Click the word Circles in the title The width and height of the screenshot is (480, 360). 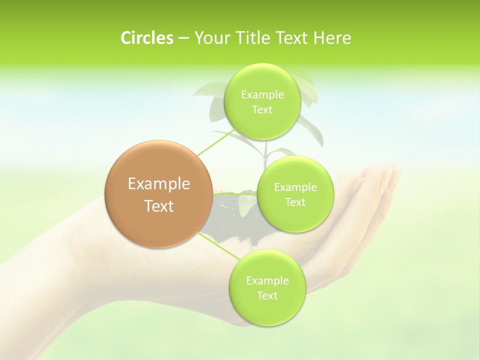click(x=146, y=38)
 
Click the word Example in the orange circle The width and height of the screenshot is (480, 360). click(x=159, y=184)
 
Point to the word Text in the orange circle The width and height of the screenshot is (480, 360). click(x=159, y=206)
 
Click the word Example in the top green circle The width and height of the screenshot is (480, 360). click(x=262, y=95)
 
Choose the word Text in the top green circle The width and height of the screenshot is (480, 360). click(x=262, y=110)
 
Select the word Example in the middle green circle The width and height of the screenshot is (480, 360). click(x=295, y=187)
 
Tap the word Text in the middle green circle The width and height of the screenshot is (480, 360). click(x=295, y=202)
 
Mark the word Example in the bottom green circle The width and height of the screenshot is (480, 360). click(x=267, y=281)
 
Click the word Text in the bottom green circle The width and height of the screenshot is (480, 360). click(x=267, y=296)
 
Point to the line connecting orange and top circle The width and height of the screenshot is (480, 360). click(x=214, y=142)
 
